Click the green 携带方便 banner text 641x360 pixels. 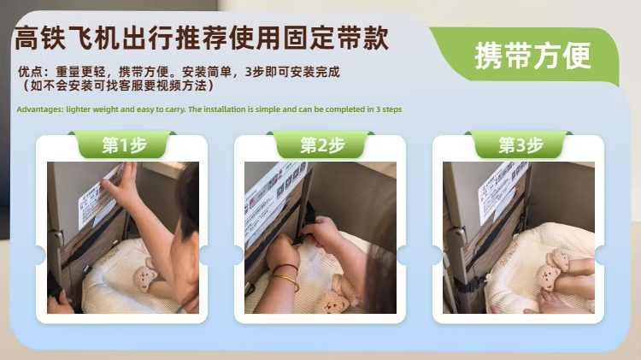pos(532,56)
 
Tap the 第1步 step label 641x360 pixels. pos(124,145)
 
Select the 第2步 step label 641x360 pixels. pos(322,145)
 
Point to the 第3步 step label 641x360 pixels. pos(520,145)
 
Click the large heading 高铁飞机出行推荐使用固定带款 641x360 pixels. pos(202,38)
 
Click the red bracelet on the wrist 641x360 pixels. pos(285,268)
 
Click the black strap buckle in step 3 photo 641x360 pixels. pos(476,283)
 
